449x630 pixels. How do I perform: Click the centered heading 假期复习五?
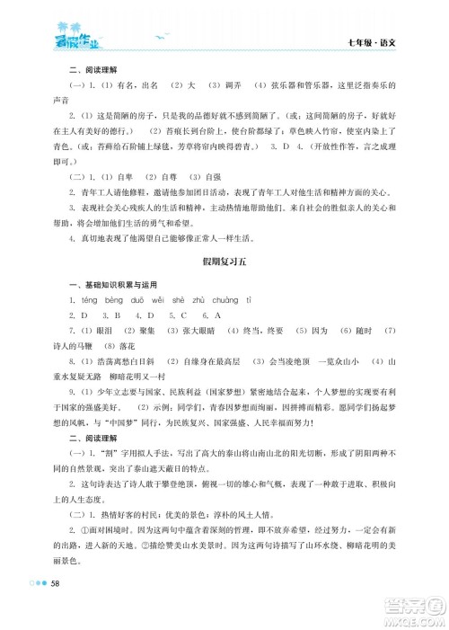point(224,284)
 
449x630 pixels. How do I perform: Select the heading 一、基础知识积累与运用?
point(99,306)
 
